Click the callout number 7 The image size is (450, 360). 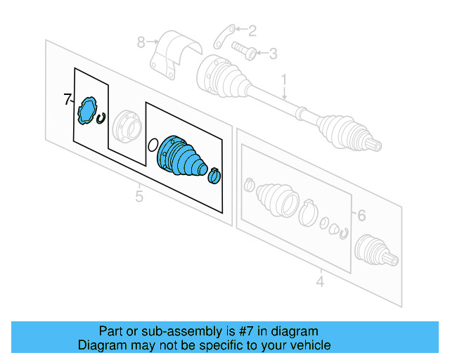[67, 100]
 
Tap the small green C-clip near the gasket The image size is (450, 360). [102, 117]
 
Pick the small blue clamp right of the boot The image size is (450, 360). [214, 176]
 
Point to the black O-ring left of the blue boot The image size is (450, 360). [153, 145]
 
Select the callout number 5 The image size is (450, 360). [139, 196]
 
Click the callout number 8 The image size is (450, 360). [141, 42]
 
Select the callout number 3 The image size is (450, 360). [273, 53]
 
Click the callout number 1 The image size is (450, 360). [285, 79]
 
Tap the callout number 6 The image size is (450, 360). [361, 216]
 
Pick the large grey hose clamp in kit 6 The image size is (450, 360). [307, 212]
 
